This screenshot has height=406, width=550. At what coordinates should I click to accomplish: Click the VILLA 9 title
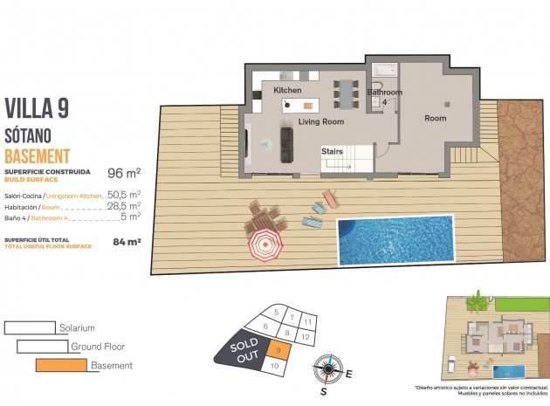[37, 107]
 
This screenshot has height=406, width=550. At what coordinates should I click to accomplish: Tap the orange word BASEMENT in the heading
[37, 156]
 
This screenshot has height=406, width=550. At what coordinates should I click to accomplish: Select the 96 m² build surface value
[123, 174]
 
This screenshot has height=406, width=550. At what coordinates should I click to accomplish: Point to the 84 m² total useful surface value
[127, 242]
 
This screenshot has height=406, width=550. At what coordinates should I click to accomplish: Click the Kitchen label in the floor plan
[287, 90]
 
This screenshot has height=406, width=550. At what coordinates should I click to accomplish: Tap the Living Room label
[321, 122]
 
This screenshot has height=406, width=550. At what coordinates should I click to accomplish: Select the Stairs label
[332, 151]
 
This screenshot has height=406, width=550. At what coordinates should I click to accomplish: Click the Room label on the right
[435, 118]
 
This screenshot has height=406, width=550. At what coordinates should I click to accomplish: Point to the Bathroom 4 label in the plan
[384, 96]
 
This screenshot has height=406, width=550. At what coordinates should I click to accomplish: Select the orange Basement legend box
[61, 365]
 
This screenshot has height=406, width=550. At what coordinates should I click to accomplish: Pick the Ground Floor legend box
[43, 347]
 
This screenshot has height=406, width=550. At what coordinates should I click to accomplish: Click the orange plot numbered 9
[277, 351]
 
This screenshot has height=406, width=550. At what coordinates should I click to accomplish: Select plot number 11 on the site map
[306, 322]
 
